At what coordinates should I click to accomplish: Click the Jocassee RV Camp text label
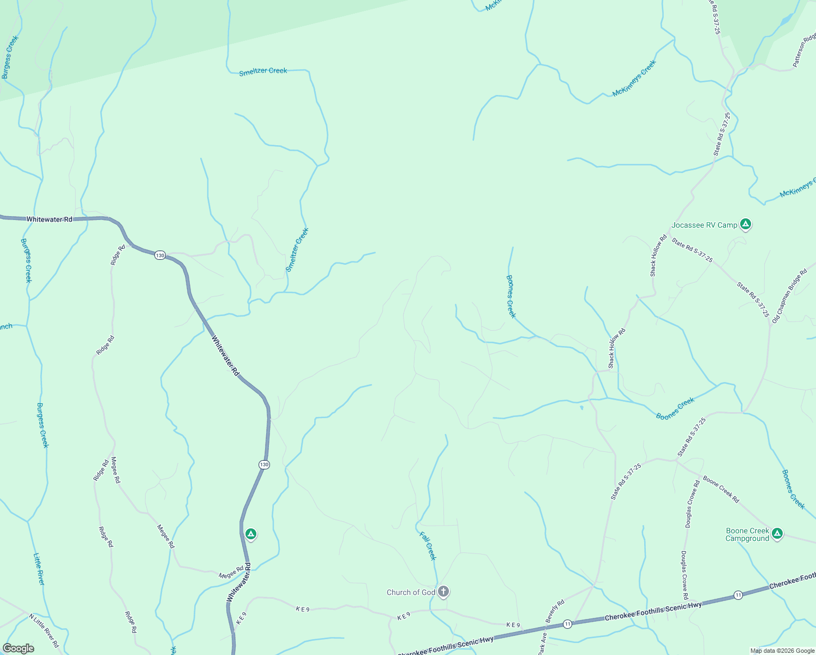point(704,225)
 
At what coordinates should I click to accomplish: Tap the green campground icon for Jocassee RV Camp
point(746,224)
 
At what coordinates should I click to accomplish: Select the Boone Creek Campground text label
point(747,534)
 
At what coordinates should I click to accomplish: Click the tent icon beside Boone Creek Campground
point(777,533)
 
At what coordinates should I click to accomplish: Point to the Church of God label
point(411,592)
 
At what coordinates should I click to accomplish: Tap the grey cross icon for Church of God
point(443,591)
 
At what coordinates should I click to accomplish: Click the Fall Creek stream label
point(428,545)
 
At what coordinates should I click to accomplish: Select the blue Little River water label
point(39,569)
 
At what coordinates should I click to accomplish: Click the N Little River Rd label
point(44,630)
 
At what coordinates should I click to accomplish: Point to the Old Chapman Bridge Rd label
point(789,296)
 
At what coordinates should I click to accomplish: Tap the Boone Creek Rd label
point(721,489)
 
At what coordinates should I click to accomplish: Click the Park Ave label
point(543,643)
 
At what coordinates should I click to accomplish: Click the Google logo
point(18,648)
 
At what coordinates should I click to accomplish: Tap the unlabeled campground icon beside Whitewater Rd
point(251,534)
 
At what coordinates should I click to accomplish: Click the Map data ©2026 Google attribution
point(782,651)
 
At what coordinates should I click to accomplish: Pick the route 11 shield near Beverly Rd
point(568,624)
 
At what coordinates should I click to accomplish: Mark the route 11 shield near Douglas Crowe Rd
point(738,595)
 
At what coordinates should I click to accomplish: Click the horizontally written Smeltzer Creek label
point(263,71)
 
